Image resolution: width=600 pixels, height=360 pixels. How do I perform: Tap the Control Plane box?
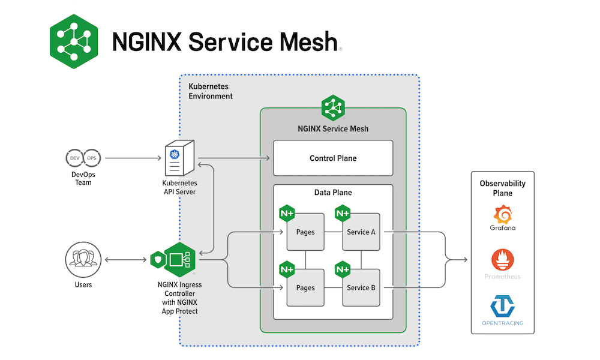coord(333,158)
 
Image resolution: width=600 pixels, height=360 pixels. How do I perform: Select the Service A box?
coord(361,232)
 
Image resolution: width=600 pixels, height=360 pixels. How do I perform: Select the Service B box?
coord(361,287)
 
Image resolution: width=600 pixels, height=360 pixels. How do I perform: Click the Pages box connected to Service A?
coord(305,232)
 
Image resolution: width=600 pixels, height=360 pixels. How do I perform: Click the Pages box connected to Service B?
coord(305,287)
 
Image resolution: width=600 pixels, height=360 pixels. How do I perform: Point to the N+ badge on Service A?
coord(343,213)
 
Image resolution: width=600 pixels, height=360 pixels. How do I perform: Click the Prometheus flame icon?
coord(503,260)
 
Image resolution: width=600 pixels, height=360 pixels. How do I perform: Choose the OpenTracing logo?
coord(503,305)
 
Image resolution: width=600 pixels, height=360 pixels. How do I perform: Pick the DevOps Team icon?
coord(83,158)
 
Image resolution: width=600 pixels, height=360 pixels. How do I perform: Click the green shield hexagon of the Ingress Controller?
coord(157,260)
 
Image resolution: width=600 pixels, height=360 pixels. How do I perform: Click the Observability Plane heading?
coord(503,188)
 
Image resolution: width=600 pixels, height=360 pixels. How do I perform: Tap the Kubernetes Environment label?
coord(211,91)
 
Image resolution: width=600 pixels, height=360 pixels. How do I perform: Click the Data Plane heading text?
coord(333,193)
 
